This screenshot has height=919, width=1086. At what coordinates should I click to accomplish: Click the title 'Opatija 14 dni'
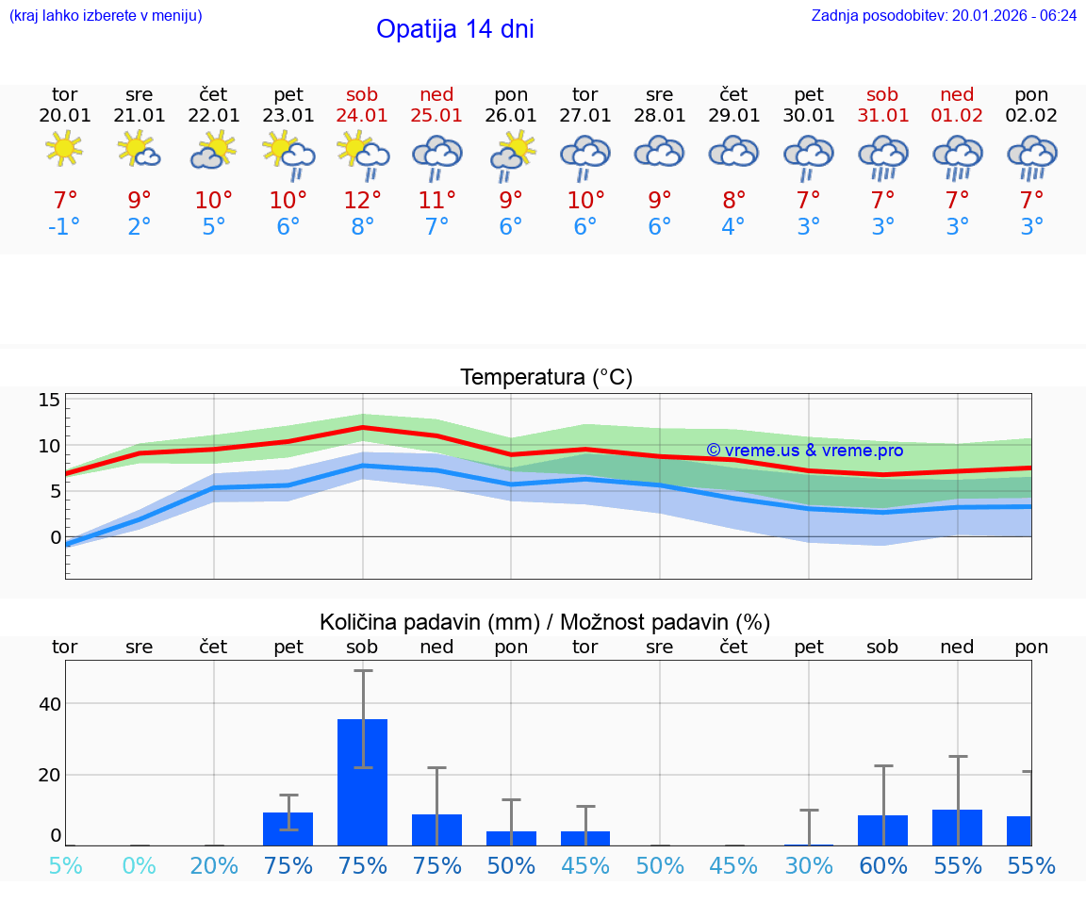pos(454,29)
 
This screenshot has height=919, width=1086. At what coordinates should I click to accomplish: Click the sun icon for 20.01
pos(64,149)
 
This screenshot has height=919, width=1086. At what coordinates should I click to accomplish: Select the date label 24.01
pos(362,115)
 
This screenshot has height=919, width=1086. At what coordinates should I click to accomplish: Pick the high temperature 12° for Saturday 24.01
pos(362,200)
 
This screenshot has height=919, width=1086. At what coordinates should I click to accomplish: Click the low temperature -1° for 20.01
pos(64,226)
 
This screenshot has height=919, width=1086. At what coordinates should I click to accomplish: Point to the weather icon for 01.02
pos(958,156)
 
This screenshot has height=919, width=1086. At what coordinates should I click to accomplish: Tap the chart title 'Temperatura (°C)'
pos(546,378)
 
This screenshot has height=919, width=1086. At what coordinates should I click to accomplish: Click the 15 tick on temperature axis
pos(49,400)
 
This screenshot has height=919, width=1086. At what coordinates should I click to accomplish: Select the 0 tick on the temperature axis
pos(55,537)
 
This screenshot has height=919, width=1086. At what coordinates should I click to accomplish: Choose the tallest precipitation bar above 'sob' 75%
pos(362,781)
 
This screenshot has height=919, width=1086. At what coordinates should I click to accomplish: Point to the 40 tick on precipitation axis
pos(49,704)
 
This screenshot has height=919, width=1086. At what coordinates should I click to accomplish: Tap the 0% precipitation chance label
pos(139,865)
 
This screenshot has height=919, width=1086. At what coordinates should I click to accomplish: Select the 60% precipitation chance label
pos(883,865)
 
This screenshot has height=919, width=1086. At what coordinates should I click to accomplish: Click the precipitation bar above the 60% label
pos(883,830)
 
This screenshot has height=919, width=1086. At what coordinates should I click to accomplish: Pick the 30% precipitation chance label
pos(809,865)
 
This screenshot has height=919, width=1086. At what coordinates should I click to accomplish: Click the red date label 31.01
pos(883,115)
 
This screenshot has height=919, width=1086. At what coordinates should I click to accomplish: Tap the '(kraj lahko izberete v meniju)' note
pos(105,16)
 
